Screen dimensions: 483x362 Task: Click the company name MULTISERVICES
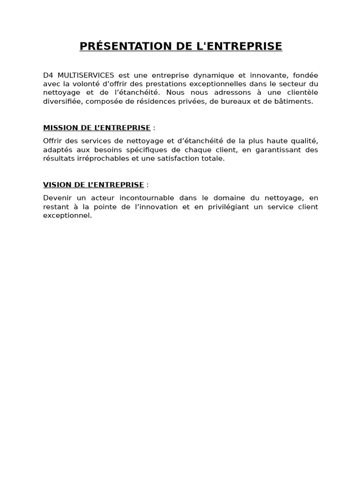[x=86, y=75]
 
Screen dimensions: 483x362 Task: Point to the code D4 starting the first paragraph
[x=48, y=75]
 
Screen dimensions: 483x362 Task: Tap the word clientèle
[x=300, y=92]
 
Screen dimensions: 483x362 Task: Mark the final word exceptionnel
[x=67, y=216]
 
